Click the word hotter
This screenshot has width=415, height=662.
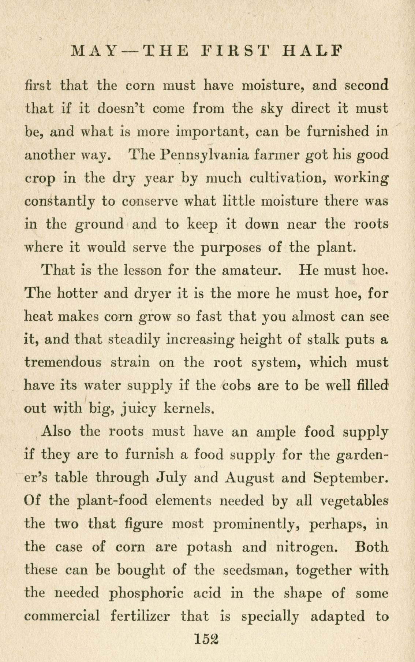tap(78, 293)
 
